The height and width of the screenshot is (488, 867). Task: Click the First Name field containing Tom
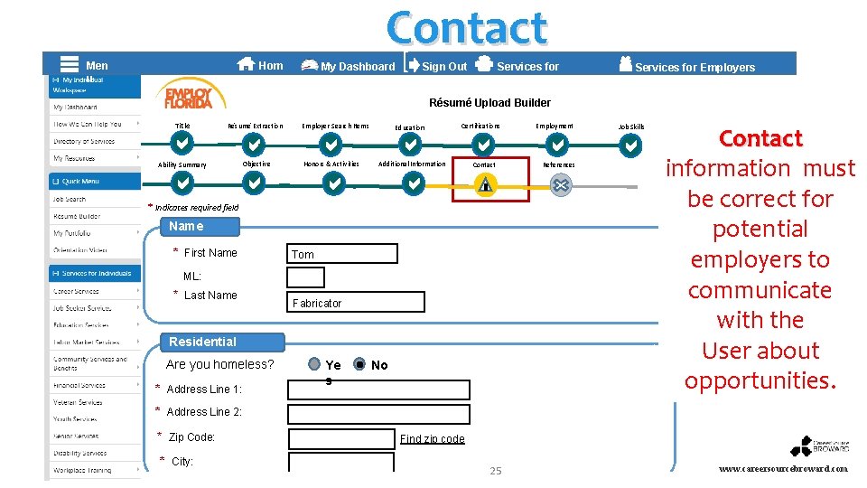(342, 254)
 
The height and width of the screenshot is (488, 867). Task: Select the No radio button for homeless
(359, 365)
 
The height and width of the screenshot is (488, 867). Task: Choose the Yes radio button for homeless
(313, 364)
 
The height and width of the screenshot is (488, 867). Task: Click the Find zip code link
(432, 439)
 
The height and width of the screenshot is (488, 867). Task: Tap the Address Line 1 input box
(378, 389)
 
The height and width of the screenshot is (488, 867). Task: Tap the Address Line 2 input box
(378, 414)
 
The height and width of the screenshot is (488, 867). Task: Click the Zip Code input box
(341, 439)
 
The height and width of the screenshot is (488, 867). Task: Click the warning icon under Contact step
(486, 184)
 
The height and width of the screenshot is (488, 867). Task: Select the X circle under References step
(560, 184)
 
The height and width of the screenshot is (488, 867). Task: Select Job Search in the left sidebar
(70, 199)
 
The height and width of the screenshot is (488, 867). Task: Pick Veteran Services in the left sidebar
(78, 402)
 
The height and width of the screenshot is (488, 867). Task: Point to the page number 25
(495, 471)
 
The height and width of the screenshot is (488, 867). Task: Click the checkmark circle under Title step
(182, 145)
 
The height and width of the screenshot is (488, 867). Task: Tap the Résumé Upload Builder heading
(489, 102)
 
